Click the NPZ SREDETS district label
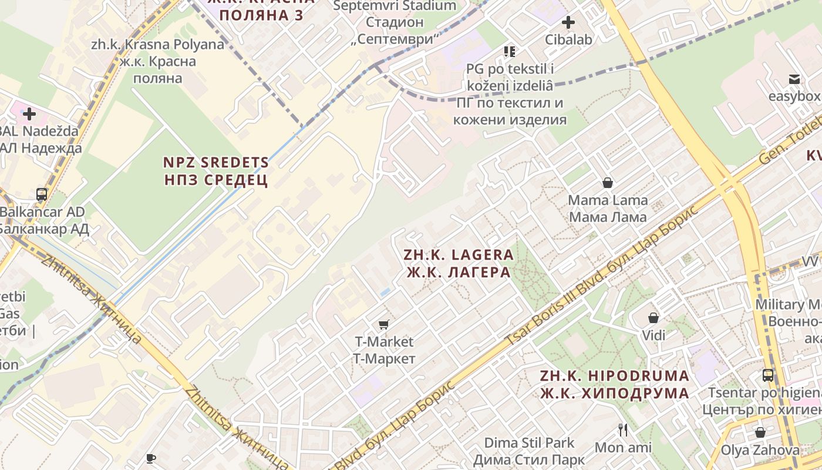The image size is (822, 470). [x=216, y=171]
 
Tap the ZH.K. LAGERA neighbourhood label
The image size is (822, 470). [x=459, y=263]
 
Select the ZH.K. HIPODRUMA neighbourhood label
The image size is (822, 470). [x=615, y=384]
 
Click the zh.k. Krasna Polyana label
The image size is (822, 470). [x=158, y=61]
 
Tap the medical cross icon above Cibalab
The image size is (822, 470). [x=568, y=23]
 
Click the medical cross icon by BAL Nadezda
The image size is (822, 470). [x=29, y=113]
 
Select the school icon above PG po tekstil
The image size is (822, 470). [x=509, y=52]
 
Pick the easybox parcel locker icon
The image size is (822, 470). [x=794, y=79]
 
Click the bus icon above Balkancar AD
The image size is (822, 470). [x=42, y=194]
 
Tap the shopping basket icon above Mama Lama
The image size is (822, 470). [x=608, y=183]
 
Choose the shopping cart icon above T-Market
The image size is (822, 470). [x=384, y=324]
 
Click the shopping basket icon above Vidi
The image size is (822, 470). [x=653, y=318]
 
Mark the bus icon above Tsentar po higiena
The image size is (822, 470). [x=767, y=375]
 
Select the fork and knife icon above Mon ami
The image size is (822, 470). [x=623, y=430]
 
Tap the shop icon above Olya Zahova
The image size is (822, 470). [x=760, y=432]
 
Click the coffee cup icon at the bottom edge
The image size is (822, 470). [x=151, y=458]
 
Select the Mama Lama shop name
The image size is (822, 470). [x=608, y=208]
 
